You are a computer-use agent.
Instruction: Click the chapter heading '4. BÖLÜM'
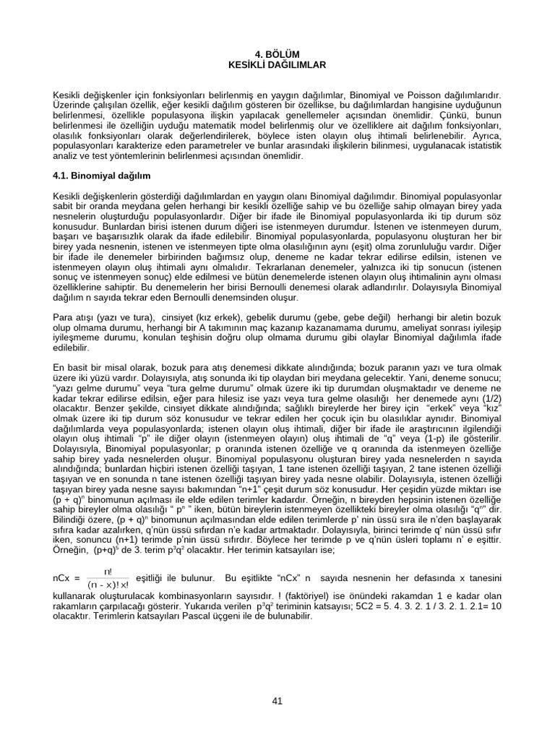[x=277, y=54]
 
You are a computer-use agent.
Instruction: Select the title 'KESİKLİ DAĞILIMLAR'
[x=277, y=64]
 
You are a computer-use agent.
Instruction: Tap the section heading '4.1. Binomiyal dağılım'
[x=101, y=176]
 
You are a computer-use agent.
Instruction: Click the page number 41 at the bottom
[x=277, y=700]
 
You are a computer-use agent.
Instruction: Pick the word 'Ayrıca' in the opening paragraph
[x=486, y=136]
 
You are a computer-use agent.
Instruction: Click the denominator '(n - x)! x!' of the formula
[x=108, y=584]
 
